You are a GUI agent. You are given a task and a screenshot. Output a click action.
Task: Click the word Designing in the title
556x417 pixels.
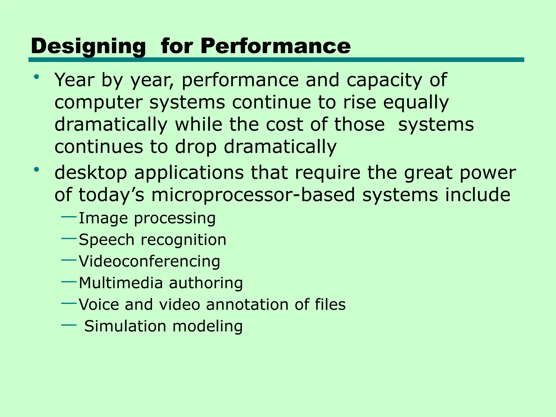(88, 46)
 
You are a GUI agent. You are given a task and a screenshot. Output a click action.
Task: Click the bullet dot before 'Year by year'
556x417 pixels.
(36, 77)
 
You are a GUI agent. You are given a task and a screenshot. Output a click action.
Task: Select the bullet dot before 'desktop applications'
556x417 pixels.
(36, 170)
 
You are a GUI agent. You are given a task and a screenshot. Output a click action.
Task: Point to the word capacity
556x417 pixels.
(384, 80)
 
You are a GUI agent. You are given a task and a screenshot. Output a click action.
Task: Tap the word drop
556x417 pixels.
(196, 147)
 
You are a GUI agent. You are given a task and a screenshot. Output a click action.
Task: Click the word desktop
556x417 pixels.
(91, 173)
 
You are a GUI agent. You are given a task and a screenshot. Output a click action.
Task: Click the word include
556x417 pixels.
(478, 195)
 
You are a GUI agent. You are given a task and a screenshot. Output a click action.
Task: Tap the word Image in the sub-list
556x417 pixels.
(103, 218)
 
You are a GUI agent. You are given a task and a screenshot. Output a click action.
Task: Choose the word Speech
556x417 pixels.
(106, 240)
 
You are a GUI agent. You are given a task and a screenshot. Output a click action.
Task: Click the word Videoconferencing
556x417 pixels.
(149, 261)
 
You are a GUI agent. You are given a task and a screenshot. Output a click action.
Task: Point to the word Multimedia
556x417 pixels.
(121, 283)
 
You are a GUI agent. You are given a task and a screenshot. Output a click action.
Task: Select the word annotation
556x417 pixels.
(247, 304)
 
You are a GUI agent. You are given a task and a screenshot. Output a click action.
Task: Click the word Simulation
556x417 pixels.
(125, 326)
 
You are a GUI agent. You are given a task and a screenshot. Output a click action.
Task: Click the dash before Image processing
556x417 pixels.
(69, 217)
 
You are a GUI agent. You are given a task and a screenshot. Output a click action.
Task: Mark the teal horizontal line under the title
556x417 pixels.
(276, 60)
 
